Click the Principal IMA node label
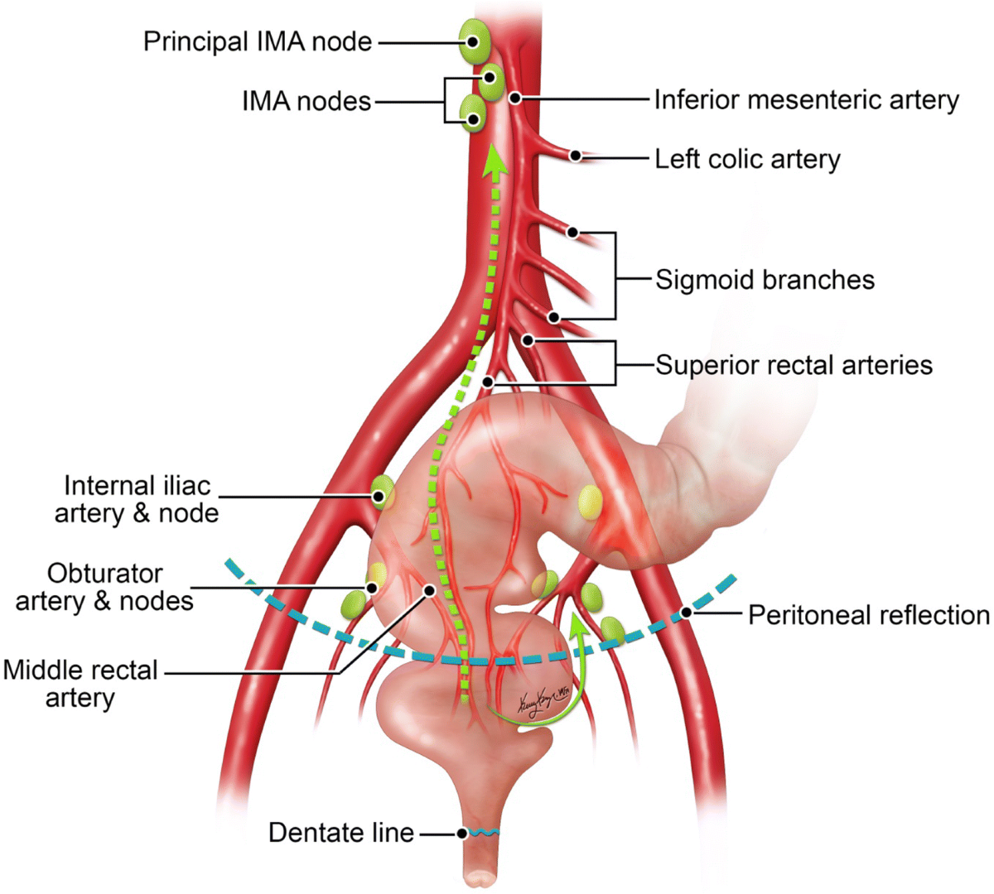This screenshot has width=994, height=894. click(x=258, y=41)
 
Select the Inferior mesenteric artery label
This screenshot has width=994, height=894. click(x=806, y=100)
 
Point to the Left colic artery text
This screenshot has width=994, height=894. click(x=747, y=159)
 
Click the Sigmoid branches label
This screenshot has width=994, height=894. click(x=765, y=280)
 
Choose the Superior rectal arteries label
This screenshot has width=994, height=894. click(x=794, y=365)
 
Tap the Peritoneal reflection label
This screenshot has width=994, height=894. click(x=868, y=615)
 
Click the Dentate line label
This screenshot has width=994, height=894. click(x=341, y=832)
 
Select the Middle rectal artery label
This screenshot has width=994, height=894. click(x=80, y=684)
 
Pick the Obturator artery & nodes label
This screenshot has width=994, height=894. click(x=104, y=587)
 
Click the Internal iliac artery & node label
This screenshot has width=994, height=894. click(x=137, y=499)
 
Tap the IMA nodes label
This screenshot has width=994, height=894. click(x=306, y=101)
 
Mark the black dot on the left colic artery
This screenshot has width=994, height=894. click(x=574, y=155)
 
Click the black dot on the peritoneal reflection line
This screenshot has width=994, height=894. click(x=686, y=613)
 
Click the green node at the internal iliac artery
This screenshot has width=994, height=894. click(x=382, y=492)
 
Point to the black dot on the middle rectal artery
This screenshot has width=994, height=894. click(x=430, y=589)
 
